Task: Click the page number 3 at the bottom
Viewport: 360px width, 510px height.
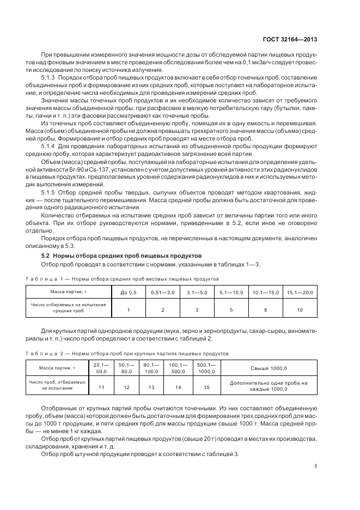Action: pos(316,465)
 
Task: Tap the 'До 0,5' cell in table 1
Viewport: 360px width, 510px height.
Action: pos(129,293)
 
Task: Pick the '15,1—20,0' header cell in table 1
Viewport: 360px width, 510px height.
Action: pos(300,293)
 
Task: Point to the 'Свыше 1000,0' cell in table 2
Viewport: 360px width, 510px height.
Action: pos(269,368)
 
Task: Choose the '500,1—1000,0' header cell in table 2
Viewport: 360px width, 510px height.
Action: pos(206,368)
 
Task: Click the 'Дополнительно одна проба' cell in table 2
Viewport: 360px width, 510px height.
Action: pos(269,386)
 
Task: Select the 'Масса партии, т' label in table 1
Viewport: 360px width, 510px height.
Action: pos(66,293)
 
